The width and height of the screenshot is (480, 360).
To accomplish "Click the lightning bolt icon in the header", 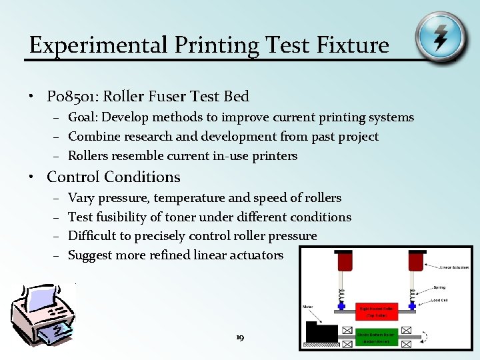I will click(440, 38).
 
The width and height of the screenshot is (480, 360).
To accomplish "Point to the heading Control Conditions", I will click(113, 177).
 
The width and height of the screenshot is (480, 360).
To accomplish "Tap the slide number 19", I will click(240, 338).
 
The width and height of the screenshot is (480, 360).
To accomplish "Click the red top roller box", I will click(378, 311).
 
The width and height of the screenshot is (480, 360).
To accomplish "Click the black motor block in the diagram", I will click(321, 331).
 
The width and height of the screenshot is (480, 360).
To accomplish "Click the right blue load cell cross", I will click(413, 306).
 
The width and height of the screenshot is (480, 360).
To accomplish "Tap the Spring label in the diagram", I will click(439, 288).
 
